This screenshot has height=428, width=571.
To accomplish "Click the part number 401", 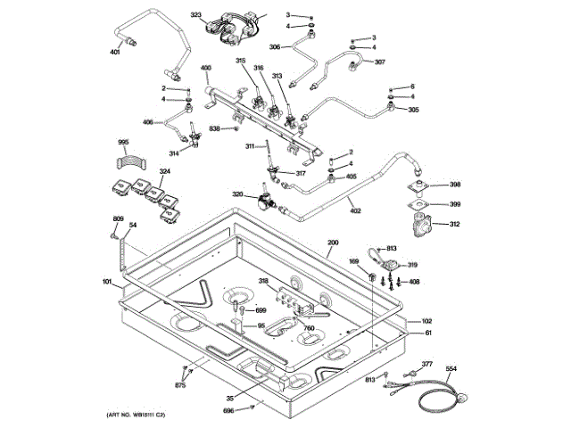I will pyautogui.click(x=114, y=53).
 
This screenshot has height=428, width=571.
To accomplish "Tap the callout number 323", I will pyautogui.click(x=196, y=16).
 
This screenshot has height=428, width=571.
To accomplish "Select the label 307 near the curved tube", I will pyautogui.click(x=380, y=62).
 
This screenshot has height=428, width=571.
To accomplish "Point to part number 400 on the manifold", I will pyautogui.click(x=205, y=69).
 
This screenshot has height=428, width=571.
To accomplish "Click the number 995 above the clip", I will pyautogui.click(x=123, y=143).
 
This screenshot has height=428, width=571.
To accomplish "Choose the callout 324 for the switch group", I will pyautogui.click(x=165, y=171).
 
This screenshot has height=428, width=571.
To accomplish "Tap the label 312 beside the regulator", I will pyautogui.click(x=455, y=224).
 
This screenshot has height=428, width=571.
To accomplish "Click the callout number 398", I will pyautogui.click(x=455, y=185).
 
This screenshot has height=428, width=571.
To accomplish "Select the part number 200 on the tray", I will pyautogui.click(x=333, y=243).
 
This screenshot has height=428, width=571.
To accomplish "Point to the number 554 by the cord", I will pyautogui.click(x=451, y=368).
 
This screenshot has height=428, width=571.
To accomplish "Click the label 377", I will pyautogui.click(x=426, y=365).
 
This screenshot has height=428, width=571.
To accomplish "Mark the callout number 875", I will pyautogui.click(x=180, y=385).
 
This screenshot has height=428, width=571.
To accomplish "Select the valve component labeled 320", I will pyautogui.click(x=263, y=201).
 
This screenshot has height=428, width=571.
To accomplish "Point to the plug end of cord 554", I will pyautogui.click(x=464, y=399).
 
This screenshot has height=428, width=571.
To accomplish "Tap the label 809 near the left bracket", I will pyautogui.click(x=118, y=219).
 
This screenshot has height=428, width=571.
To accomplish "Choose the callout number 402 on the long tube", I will pyautogui.click(x=354, y=210).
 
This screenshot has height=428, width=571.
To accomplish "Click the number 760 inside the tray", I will pyautogui.click(x=309, y=328).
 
